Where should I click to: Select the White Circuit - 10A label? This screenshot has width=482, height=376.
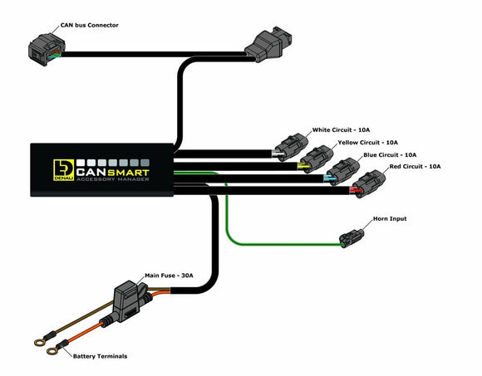[x=341, y=130]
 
